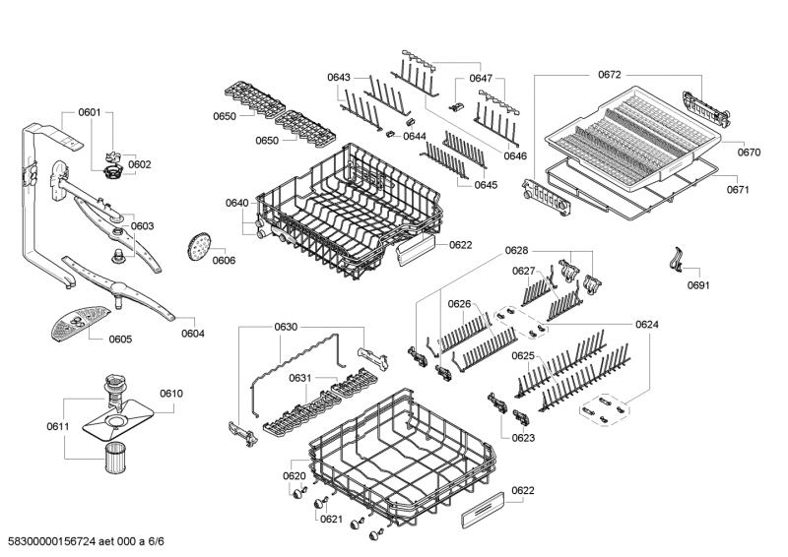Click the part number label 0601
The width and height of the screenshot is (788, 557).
pos(90,112)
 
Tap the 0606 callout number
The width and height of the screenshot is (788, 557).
pos(224,260)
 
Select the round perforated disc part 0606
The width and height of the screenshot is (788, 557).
pos(199,247)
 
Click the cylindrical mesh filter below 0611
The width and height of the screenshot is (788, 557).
pos(116,457)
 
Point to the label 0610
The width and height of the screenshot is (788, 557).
pos(171,394)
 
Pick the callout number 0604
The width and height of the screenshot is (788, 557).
pos(193,334)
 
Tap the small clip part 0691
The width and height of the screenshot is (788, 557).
pos(677,259)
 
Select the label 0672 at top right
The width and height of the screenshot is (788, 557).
pos(610,75)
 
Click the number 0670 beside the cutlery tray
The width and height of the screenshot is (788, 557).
pos(749,153)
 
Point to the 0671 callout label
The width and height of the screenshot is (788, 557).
pos(738,189)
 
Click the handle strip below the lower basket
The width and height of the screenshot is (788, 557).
pos(483,510)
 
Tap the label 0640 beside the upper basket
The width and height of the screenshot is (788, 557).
pos(237,203)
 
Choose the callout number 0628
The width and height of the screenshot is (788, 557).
pos(516,251)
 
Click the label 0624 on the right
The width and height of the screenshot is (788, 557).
pos(647,325)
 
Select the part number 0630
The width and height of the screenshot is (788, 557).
pos(286,327)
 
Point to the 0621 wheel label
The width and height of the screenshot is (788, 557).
pos(331,520)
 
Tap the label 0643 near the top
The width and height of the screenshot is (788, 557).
pos(339,78)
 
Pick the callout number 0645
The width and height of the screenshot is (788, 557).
pos(486,185)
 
